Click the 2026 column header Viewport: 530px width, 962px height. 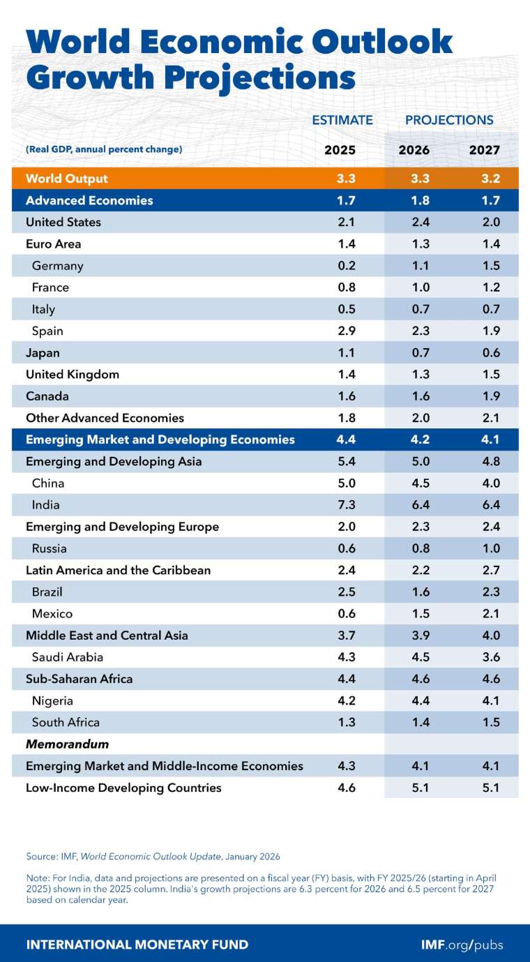coord(414,150)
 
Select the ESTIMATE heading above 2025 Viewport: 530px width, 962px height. coord(342,120)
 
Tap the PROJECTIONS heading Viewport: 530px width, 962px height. coord(449,120)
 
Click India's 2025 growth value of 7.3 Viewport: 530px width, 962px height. coord(346,504)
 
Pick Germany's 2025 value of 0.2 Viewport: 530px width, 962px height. coord(346,266)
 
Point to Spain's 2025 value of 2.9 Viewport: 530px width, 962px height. coord(346,331)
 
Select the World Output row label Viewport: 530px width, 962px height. coord(67,179)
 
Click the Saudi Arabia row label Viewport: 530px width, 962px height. coord(67,656)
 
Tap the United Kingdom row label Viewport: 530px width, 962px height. coord(73,375)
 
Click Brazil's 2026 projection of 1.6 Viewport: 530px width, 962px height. coord(420,592)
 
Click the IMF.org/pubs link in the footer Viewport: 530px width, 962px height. coord(462,945)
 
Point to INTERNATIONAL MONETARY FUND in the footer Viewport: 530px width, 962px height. coord(137,945)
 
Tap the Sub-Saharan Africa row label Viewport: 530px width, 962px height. coord(79,679)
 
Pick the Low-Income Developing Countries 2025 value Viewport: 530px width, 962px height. coord(346,788)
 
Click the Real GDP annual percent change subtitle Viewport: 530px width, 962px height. coord(104,149)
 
